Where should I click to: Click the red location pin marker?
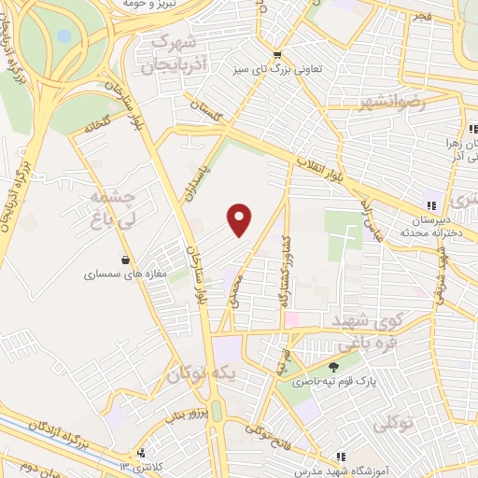pyautogui.click(x=240, y=218)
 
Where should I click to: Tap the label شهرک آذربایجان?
pyautogui.click(x=168, y=55)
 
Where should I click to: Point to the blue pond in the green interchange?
pyautogui.click(x=63, y=36)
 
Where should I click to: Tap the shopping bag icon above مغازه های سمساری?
pyautogui.click(x=125, y=260)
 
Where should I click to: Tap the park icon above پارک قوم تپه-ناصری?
pyautogui.click(x=335, y=366)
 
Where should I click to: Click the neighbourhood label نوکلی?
pyautogui.click(x=396, y=424)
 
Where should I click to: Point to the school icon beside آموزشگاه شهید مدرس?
pyautogui.click(x=342, y=457)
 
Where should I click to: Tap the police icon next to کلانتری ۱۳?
pyautogui.click(x=141, y=451)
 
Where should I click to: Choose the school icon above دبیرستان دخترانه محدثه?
pyautogui.click(x=429, y=204)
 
